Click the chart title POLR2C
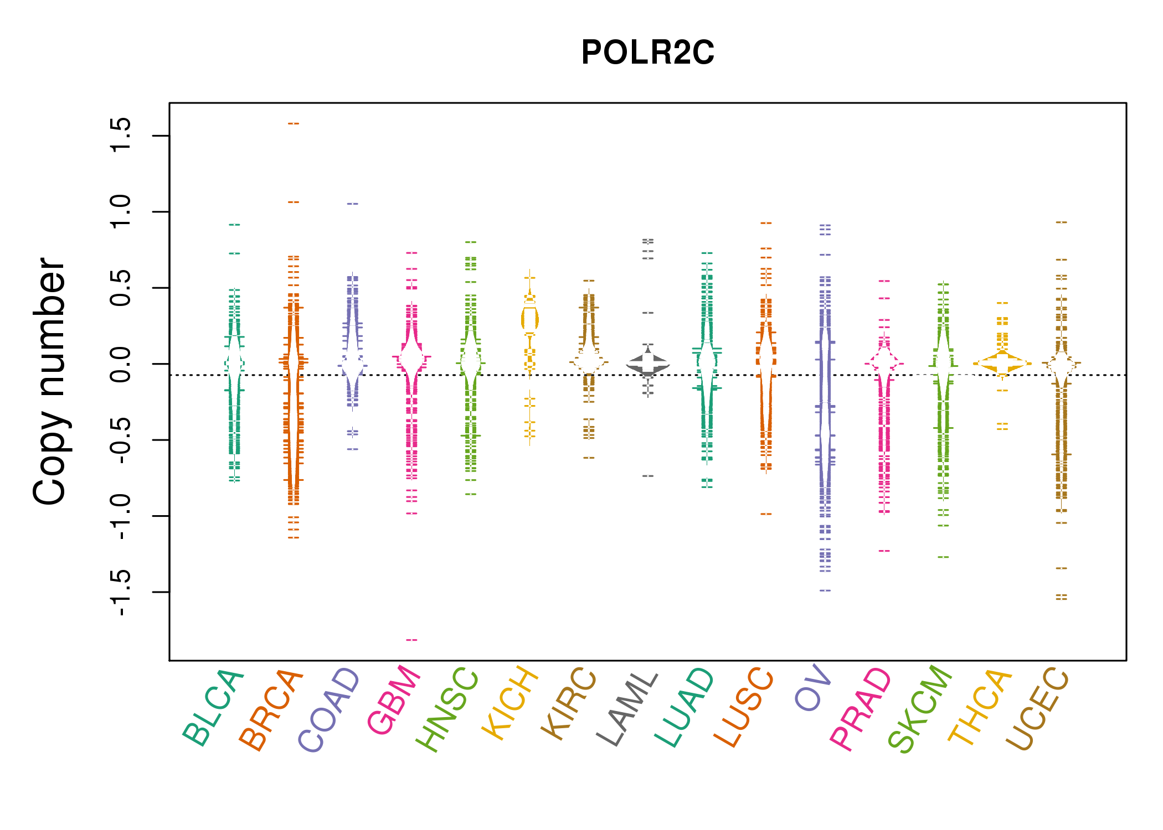tap(647, 53)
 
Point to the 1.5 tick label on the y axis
tap(121, 136)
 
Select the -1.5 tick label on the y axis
tap(121, 592)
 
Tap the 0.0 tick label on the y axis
tap(121, 364)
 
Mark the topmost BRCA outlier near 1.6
tap(294, 123)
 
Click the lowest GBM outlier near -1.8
tap(411, 640)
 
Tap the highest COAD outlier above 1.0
tap(353, 204)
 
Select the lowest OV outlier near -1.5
tap(825, 590)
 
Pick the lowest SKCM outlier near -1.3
tap(943, 557)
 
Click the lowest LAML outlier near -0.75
tap(648, 476)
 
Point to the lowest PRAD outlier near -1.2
tap(884, 551)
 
